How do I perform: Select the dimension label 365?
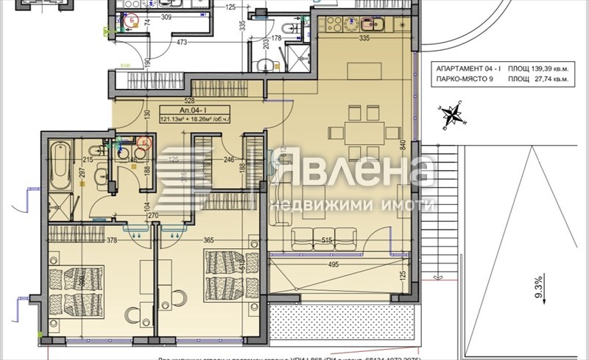tap(208, 240)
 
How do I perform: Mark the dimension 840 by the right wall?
tap(403, 145)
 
